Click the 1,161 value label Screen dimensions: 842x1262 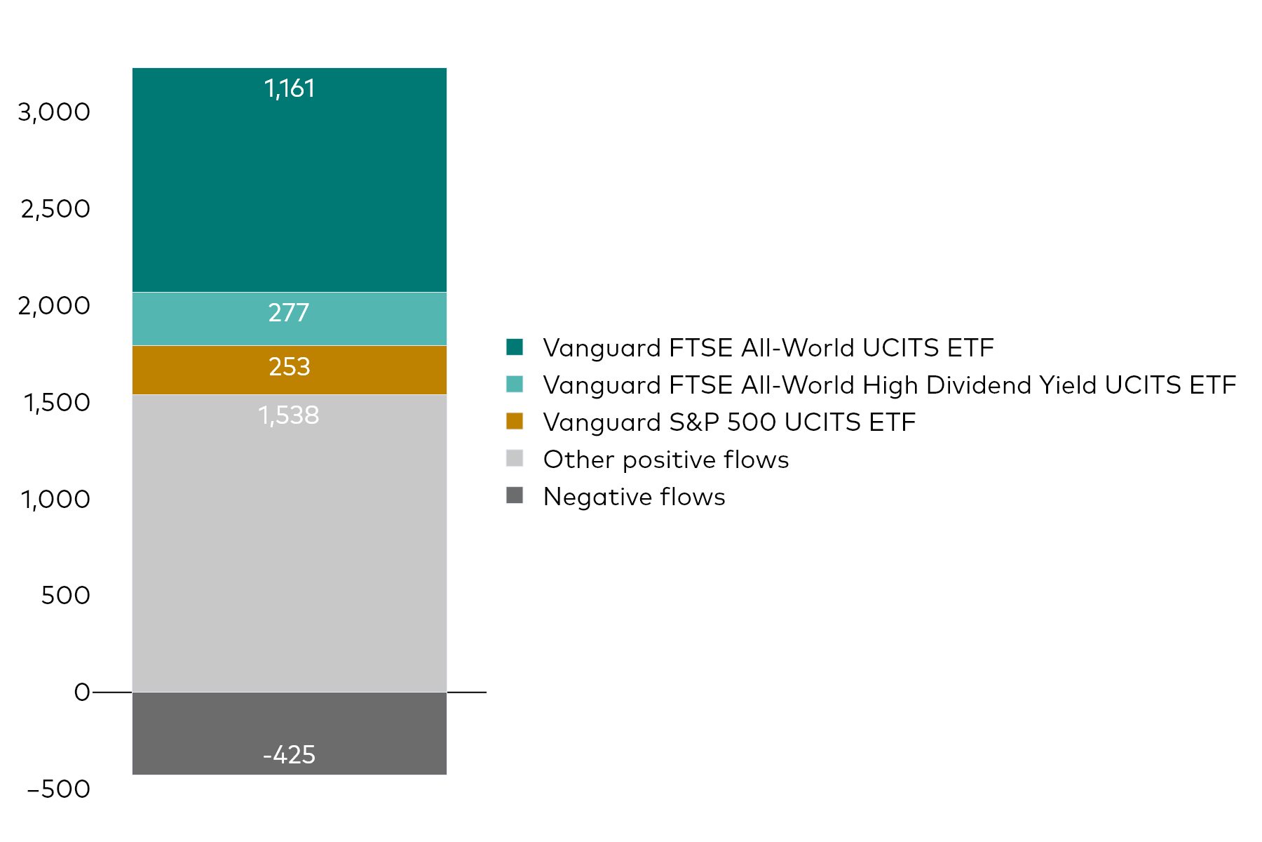(289, 88)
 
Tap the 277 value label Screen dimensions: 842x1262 (289, 312)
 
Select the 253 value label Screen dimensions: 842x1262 (289, 366)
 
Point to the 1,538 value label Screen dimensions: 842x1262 (289, 415)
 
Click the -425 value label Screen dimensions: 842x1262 (289, 754)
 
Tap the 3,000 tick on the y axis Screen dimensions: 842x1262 (54, 112)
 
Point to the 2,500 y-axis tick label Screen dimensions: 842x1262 (55, 209)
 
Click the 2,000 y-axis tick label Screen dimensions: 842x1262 (54, 306)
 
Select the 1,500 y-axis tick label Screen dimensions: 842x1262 (57, 403)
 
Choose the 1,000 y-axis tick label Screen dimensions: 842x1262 (55, 500)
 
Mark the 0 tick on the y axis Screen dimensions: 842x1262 (82, 693)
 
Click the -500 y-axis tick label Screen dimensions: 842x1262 (59, 789)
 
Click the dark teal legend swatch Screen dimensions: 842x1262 (515, 347)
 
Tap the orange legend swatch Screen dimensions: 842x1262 (515, 421)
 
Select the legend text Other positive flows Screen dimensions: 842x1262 (666, 460)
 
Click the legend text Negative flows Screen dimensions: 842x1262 (634, 497)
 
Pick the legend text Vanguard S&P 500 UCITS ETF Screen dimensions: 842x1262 (729, 422)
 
